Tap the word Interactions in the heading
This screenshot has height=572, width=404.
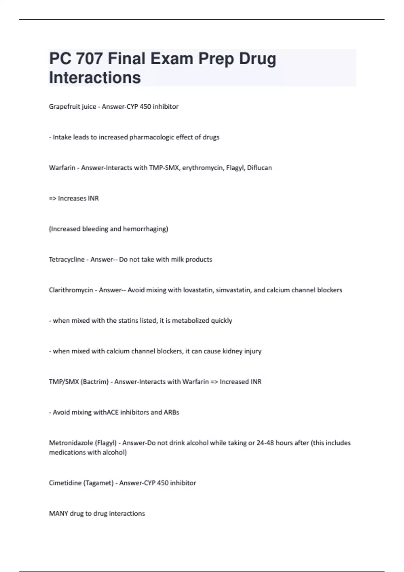coord(95,78)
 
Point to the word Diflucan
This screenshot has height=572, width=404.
coord(259,168)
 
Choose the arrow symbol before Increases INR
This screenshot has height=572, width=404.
coord(53,199)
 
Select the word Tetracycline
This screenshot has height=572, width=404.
coord(67,259)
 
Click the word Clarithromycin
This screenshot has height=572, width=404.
coord(71,290)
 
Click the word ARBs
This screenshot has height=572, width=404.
coord(171,413)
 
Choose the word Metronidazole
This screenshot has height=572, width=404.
coord(71,443)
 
